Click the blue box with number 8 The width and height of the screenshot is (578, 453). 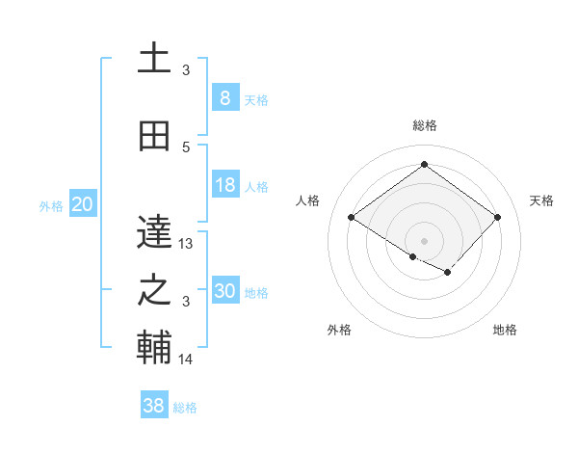click(x=224, y=98)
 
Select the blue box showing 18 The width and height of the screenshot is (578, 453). click(x=224, y=185)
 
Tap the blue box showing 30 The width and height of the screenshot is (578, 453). click(x=224, y=291)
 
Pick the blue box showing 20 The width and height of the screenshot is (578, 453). click(x=82, y=204)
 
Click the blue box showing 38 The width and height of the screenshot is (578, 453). click(x=154, y=406)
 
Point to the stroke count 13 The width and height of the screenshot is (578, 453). click(x=187, y=244)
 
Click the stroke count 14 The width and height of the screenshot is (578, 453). click(x=187, y=360)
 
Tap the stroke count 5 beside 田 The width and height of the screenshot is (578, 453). click(x=186, y=147)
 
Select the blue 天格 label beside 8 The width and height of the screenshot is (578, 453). click(x=256, y=99)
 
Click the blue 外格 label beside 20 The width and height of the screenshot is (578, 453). click(x=51, y=205)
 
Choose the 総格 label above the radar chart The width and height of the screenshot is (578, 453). click(x=424, y=125)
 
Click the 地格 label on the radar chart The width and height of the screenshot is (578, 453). click(x=505, y=330)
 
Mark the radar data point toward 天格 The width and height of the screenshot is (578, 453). click(x=497, y=218)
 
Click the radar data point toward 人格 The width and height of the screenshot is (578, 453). click(x=352, y=218)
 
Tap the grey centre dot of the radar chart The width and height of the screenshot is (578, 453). click(x=424, y=239)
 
